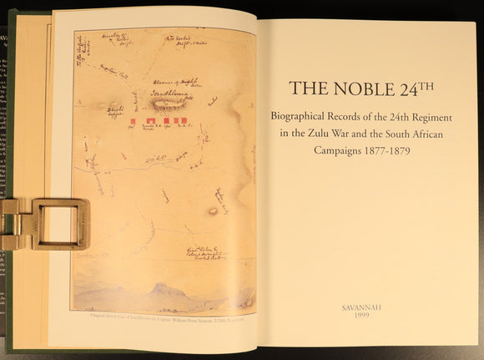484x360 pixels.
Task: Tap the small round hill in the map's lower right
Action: (213, 210)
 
